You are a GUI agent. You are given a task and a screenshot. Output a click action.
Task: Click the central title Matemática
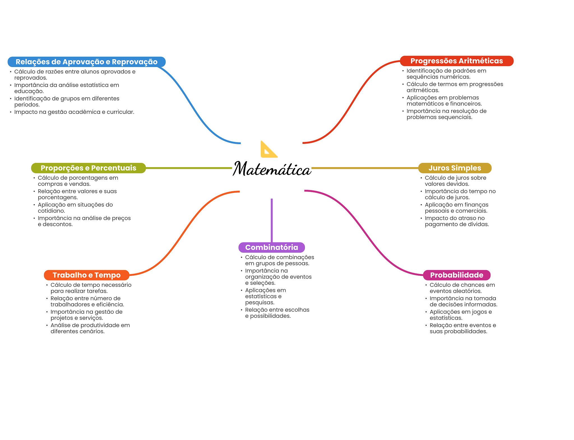(272, 169)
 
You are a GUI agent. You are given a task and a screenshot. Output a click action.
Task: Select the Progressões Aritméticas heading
(457, 61)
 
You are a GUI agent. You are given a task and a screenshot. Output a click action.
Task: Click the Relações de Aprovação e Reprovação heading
(86, 62)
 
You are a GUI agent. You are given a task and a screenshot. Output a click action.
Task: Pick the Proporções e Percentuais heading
(88, 168)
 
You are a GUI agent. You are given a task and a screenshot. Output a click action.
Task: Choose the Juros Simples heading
(455, 168)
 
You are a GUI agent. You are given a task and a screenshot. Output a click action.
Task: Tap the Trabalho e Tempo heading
(86, 275)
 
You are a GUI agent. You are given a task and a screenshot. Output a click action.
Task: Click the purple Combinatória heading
(272, 247)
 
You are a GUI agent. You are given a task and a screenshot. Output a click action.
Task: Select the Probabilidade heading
(457, 275)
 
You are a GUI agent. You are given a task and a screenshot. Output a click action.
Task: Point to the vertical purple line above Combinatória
(272, 220)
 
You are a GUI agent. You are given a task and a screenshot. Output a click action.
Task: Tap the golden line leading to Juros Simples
(364, 168)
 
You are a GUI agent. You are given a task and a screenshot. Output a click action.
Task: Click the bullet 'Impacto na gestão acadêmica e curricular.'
(74, 112)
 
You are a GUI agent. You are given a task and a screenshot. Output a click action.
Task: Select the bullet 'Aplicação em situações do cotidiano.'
(75, 208)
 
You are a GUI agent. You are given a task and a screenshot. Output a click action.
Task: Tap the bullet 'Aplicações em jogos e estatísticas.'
(460, 315)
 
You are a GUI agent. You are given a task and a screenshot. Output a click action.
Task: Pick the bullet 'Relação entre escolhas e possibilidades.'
(277, 313)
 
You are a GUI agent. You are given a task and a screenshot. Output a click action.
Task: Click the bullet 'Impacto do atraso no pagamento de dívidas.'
(457, 221)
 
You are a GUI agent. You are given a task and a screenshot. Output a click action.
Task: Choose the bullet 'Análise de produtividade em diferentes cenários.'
(90, 328)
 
